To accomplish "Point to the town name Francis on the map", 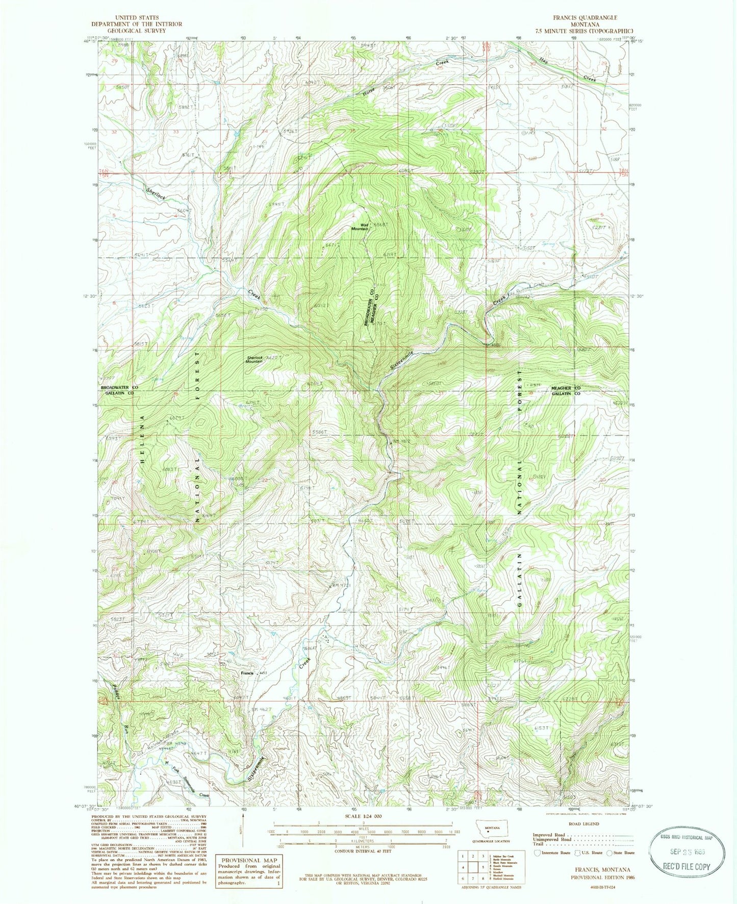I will [247, 673].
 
